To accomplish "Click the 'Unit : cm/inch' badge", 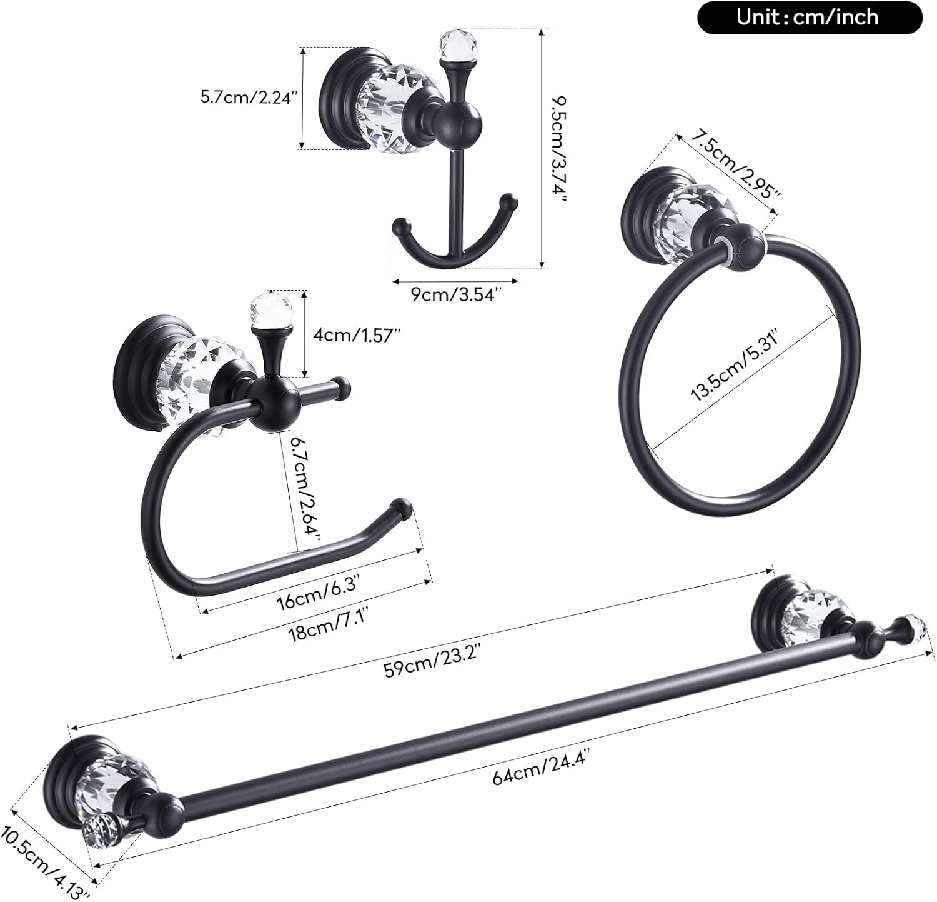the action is (x=809, y=17).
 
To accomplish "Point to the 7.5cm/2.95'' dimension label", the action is (x=729, y=166).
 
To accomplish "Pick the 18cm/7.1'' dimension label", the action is (x=325, y=628).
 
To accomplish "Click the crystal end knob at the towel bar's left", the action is (x=98, y=831).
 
